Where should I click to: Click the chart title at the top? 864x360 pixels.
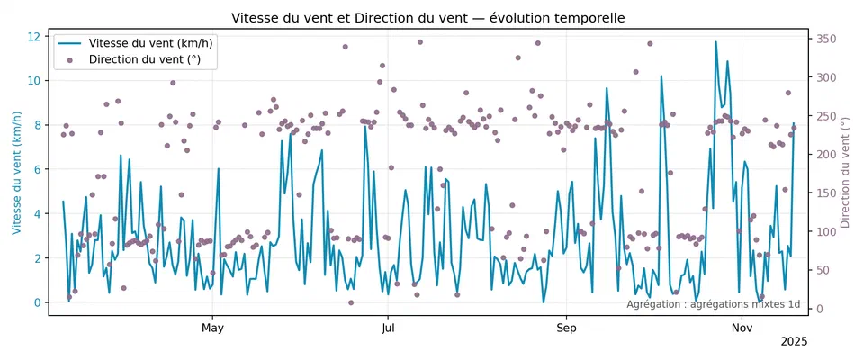428,18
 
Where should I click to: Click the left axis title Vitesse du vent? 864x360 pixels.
17,173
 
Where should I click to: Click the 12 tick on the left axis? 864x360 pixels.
35,36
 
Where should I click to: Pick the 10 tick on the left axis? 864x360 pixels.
35,80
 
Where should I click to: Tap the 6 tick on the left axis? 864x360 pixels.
39,169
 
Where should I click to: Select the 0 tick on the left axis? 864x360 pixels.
39,302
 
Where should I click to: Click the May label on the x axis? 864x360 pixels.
212,326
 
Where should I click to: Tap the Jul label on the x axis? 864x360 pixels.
388,326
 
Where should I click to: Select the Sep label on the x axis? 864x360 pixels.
566,326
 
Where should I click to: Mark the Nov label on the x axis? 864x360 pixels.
742,326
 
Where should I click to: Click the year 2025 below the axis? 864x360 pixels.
794,342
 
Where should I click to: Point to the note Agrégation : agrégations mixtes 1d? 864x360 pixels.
713,304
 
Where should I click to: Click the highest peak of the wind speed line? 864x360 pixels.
715,42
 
